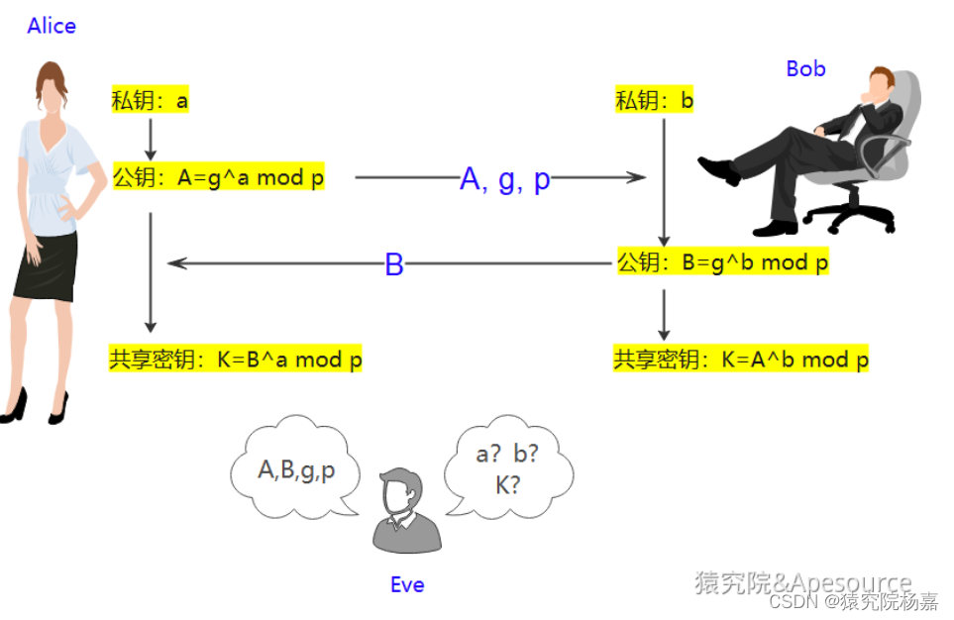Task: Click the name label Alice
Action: [x=52, y=26]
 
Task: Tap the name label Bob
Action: [x=805, y=68]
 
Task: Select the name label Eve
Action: [x=407, y=584]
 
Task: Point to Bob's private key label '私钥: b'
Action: [x=655, y=100]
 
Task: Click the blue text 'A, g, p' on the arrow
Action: [x=505, y=179]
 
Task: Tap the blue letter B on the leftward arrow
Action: [x=394, y=265]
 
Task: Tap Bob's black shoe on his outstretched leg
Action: [x=718, y=170]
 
